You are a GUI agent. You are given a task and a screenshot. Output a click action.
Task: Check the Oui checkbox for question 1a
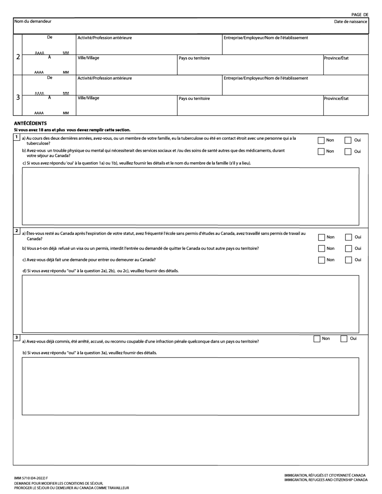click(x=348, y=140)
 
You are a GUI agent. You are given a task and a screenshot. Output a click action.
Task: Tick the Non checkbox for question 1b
click(x=321, y=151)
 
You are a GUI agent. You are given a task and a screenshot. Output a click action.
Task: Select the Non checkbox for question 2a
click(x=321, y=237)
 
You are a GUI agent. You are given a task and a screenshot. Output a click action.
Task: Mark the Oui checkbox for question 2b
click(x=349, y=249)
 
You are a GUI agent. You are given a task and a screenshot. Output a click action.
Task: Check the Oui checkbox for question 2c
click(x=349, y=260)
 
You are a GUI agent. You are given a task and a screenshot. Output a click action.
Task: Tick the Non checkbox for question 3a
click(x=317, y=339)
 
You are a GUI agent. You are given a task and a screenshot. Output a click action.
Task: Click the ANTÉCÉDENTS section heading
click(x=30, y=123)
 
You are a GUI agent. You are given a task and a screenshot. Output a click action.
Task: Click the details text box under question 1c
click(x=190, y=196)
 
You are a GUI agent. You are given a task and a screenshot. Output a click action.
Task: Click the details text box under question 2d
click(x=190, y=304)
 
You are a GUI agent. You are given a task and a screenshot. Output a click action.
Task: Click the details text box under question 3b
click(x=190, y=386)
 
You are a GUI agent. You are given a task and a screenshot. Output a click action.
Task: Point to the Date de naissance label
click(x=350, y=21)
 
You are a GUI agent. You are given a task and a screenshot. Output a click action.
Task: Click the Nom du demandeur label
click(x=33, y=21)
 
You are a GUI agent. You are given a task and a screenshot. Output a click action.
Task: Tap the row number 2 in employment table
click(x=18, y=57)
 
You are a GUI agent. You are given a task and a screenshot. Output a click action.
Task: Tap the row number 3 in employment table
click(x=18, y=97)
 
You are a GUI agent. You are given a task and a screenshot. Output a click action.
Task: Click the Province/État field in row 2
click(x=345, y=67)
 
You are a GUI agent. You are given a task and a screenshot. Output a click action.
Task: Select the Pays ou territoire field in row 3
click(x=250, y=108)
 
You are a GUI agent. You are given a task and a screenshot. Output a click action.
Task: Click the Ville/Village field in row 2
click(x=126, y=67)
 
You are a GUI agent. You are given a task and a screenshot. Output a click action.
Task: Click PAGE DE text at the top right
click(x=359, y=14)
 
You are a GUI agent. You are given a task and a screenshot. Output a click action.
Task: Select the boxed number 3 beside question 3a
click(x=16, y=337)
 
